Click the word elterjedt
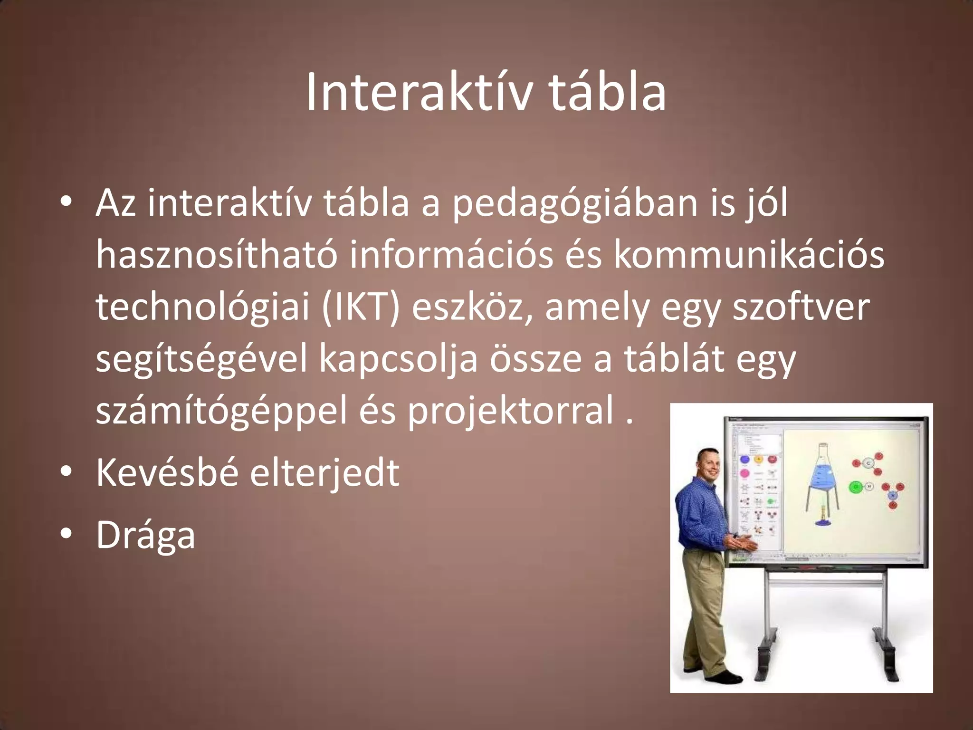coord(324,473)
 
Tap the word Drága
coord(146,535)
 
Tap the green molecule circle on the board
coord(855,487)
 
